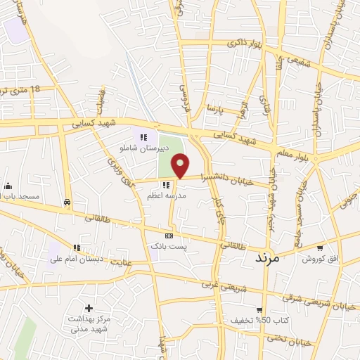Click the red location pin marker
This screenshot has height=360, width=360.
click(x=181, y=165)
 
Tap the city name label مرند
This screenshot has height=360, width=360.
click(x=266, y=258)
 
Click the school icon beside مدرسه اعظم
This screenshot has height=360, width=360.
click(x=166, y=184)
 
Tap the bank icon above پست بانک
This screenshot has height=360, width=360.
click(x=168, y=236)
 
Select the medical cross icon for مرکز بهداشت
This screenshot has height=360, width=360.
click(x=89, y=308)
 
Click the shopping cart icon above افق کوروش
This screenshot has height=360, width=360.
click(x=321, y=247)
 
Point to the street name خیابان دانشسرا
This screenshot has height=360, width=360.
click(x=224, y=176)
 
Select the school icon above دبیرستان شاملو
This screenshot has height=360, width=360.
click(x=143, y=137)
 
